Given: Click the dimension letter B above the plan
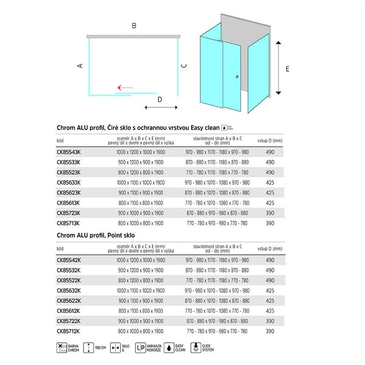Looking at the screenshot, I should coord(134,26).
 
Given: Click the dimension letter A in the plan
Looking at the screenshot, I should coord(80,66).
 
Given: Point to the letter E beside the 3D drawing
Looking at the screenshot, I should coord(287,69).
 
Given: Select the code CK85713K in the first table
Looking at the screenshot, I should coord(69,224).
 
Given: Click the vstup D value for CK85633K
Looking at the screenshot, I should coord(270,182).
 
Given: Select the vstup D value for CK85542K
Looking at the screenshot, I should coord(270,260).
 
